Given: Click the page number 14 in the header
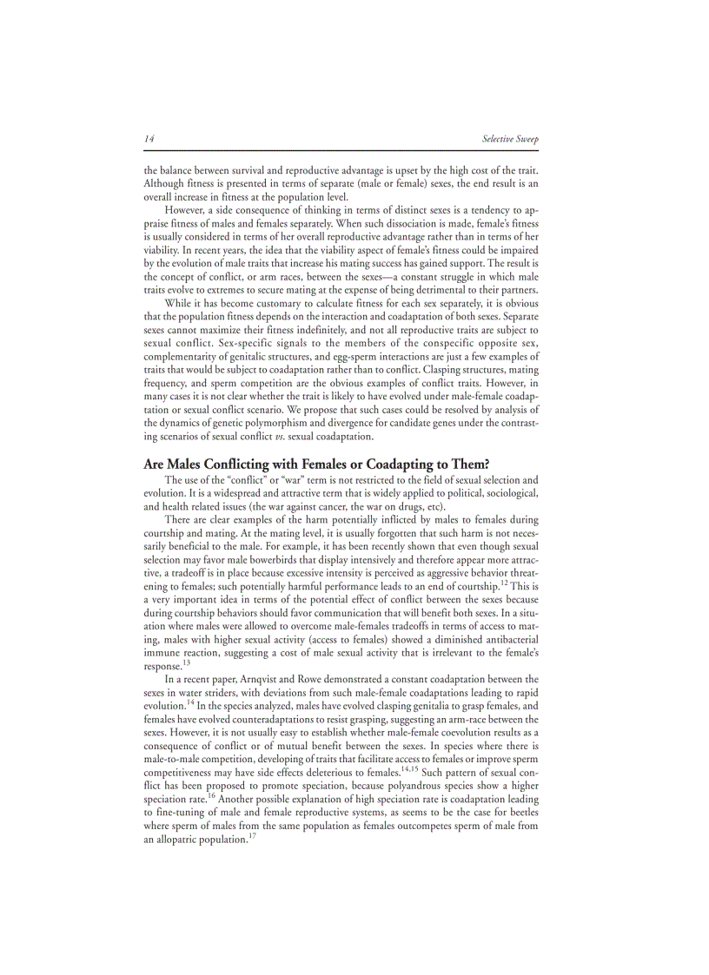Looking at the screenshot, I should point(149,139).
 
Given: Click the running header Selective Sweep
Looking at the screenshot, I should point(510,139).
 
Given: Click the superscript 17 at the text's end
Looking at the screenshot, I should point(254,835).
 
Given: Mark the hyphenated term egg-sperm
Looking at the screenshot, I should point(365,357).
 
